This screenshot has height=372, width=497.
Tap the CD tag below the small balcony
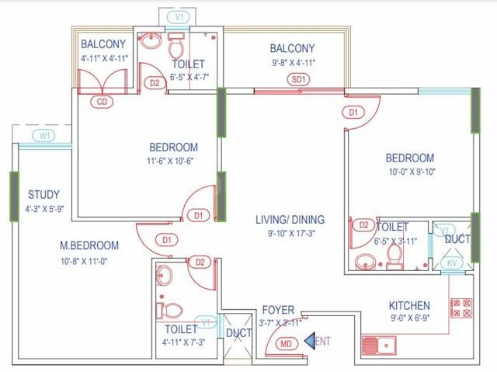click(102, 101)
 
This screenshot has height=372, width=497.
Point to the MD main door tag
click(286, 342)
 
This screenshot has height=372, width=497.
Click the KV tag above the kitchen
click(452, 264)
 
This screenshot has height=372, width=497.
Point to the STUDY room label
click(43, 194)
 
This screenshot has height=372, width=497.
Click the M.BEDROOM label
click(89, 245)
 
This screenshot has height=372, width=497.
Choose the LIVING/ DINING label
click(290, 220)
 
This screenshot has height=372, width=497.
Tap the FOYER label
click(277, 310)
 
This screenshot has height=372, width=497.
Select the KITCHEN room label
click(410, 305)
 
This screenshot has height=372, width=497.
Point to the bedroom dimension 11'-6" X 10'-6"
click(173, 161)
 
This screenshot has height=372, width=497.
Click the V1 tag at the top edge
click(179, 16)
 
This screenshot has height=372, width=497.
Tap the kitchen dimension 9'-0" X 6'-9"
click(409, 318)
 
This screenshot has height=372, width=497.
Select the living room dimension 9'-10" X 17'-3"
click(290, 232)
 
